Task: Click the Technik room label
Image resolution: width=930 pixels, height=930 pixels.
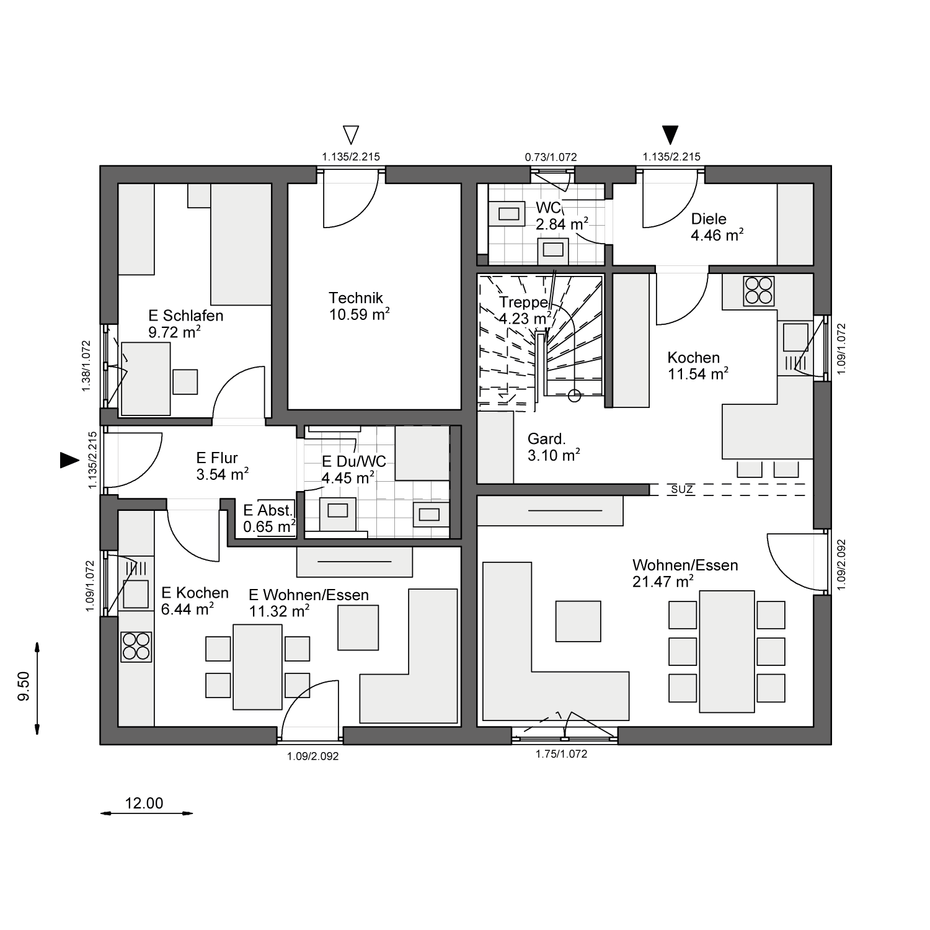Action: click(x=356, y=298)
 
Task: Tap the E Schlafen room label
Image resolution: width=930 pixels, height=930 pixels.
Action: click(x=185, y=316)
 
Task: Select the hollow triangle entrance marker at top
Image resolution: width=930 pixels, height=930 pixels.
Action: click(x=351, y=135)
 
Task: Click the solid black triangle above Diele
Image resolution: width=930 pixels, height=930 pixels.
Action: click(x=670, y=135)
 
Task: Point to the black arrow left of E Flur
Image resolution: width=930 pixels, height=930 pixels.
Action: click(x=69, y=460)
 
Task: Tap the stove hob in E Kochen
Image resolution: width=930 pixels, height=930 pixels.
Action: click(x=136, y=646)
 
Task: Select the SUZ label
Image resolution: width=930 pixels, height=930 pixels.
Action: click(x=682, y=490)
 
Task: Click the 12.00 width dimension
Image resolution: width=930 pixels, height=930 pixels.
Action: click(x=144, y=804)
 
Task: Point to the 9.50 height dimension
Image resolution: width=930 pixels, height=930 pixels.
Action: click(x=24, y=686)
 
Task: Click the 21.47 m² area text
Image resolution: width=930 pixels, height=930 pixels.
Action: click(x=663, y=582)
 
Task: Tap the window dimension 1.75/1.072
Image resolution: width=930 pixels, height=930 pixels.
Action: click(x=561, y=754)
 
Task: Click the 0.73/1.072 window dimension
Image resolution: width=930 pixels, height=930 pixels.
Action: click(x=551, y=157)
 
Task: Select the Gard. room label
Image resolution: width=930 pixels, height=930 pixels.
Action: click(x=547, y=439)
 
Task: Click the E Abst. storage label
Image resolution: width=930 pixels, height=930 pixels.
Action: click(x=268, y=511)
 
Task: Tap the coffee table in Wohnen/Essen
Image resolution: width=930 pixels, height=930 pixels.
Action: click(x=578, y=621)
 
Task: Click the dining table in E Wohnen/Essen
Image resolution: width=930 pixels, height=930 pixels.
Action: click(x=258, y=666)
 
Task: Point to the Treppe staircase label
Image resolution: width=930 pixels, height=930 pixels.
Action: click(x=524, y=303)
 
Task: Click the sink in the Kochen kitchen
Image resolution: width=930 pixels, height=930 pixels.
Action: click(x=795, y=338)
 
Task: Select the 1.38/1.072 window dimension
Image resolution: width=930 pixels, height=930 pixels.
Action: click(x=86, y=366)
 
